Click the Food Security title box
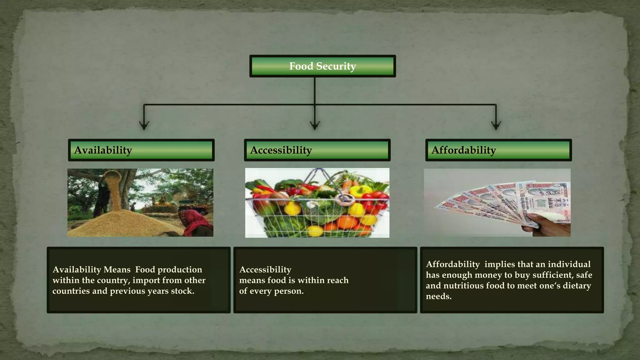tap(322, 66)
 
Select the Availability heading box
tap(141, 150)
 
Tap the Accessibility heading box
tap(317, 150)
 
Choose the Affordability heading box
tap(498, 150)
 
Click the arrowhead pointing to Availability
tap(144, 125)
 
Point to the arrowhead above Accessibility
tap(315, 125)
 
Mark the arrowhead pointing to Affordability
tap(496, 125)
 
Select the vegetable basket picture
tap(317, 203)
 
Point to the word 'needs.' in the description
tap(439, 296)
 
